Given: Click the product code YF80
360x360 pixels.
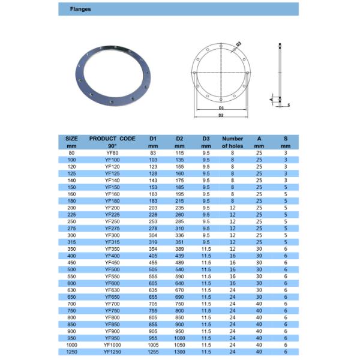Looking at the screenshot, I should tap(112, 154).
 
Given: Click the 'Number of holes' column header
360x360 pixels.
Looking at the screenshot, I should tap(232, 142).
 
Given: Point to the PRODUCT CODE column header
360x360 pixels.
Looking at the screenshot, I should tap(112, 142).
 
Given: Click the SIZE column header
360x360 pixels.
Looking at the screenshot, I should tap(72, 142).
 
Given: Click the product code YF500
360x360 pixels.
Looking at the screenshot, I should tap(112, 270).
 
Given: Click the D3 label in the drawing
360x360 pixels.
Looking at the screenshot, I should tap(238, 44).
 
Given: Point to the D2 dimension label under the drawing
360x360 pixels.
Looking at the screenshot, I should tap(221, 115).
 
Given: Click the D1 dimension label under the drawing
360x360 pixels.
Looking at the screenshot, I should tap(221, 107).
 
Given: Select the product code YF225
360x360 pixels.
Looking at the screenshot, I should tap(112, 214).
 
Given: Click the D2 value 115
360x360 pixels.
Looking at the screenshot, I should tap(179, 154).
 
